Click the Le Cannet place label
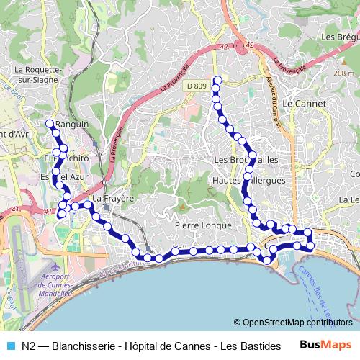pyautogui.click(x=304, y=104)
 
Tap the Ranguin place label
pyautogui.click(x=72, y=124)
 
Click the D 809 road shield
pyautogui.click(x=197, y=86)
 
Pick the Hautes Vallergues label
pyautogui.click(x=249, y=180)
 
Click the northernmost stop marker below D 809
pyautogui.click(x=217, y=79)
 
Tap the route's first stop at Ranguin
pyautogui.click(x=50, y=123)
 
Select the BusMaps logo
pyautogui.click(x=326, y=346)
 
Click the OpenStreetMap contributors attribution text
pyautogui.click(x=293, y=323)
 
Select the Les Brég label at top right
pyautogui.click(x=340, y=37)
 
